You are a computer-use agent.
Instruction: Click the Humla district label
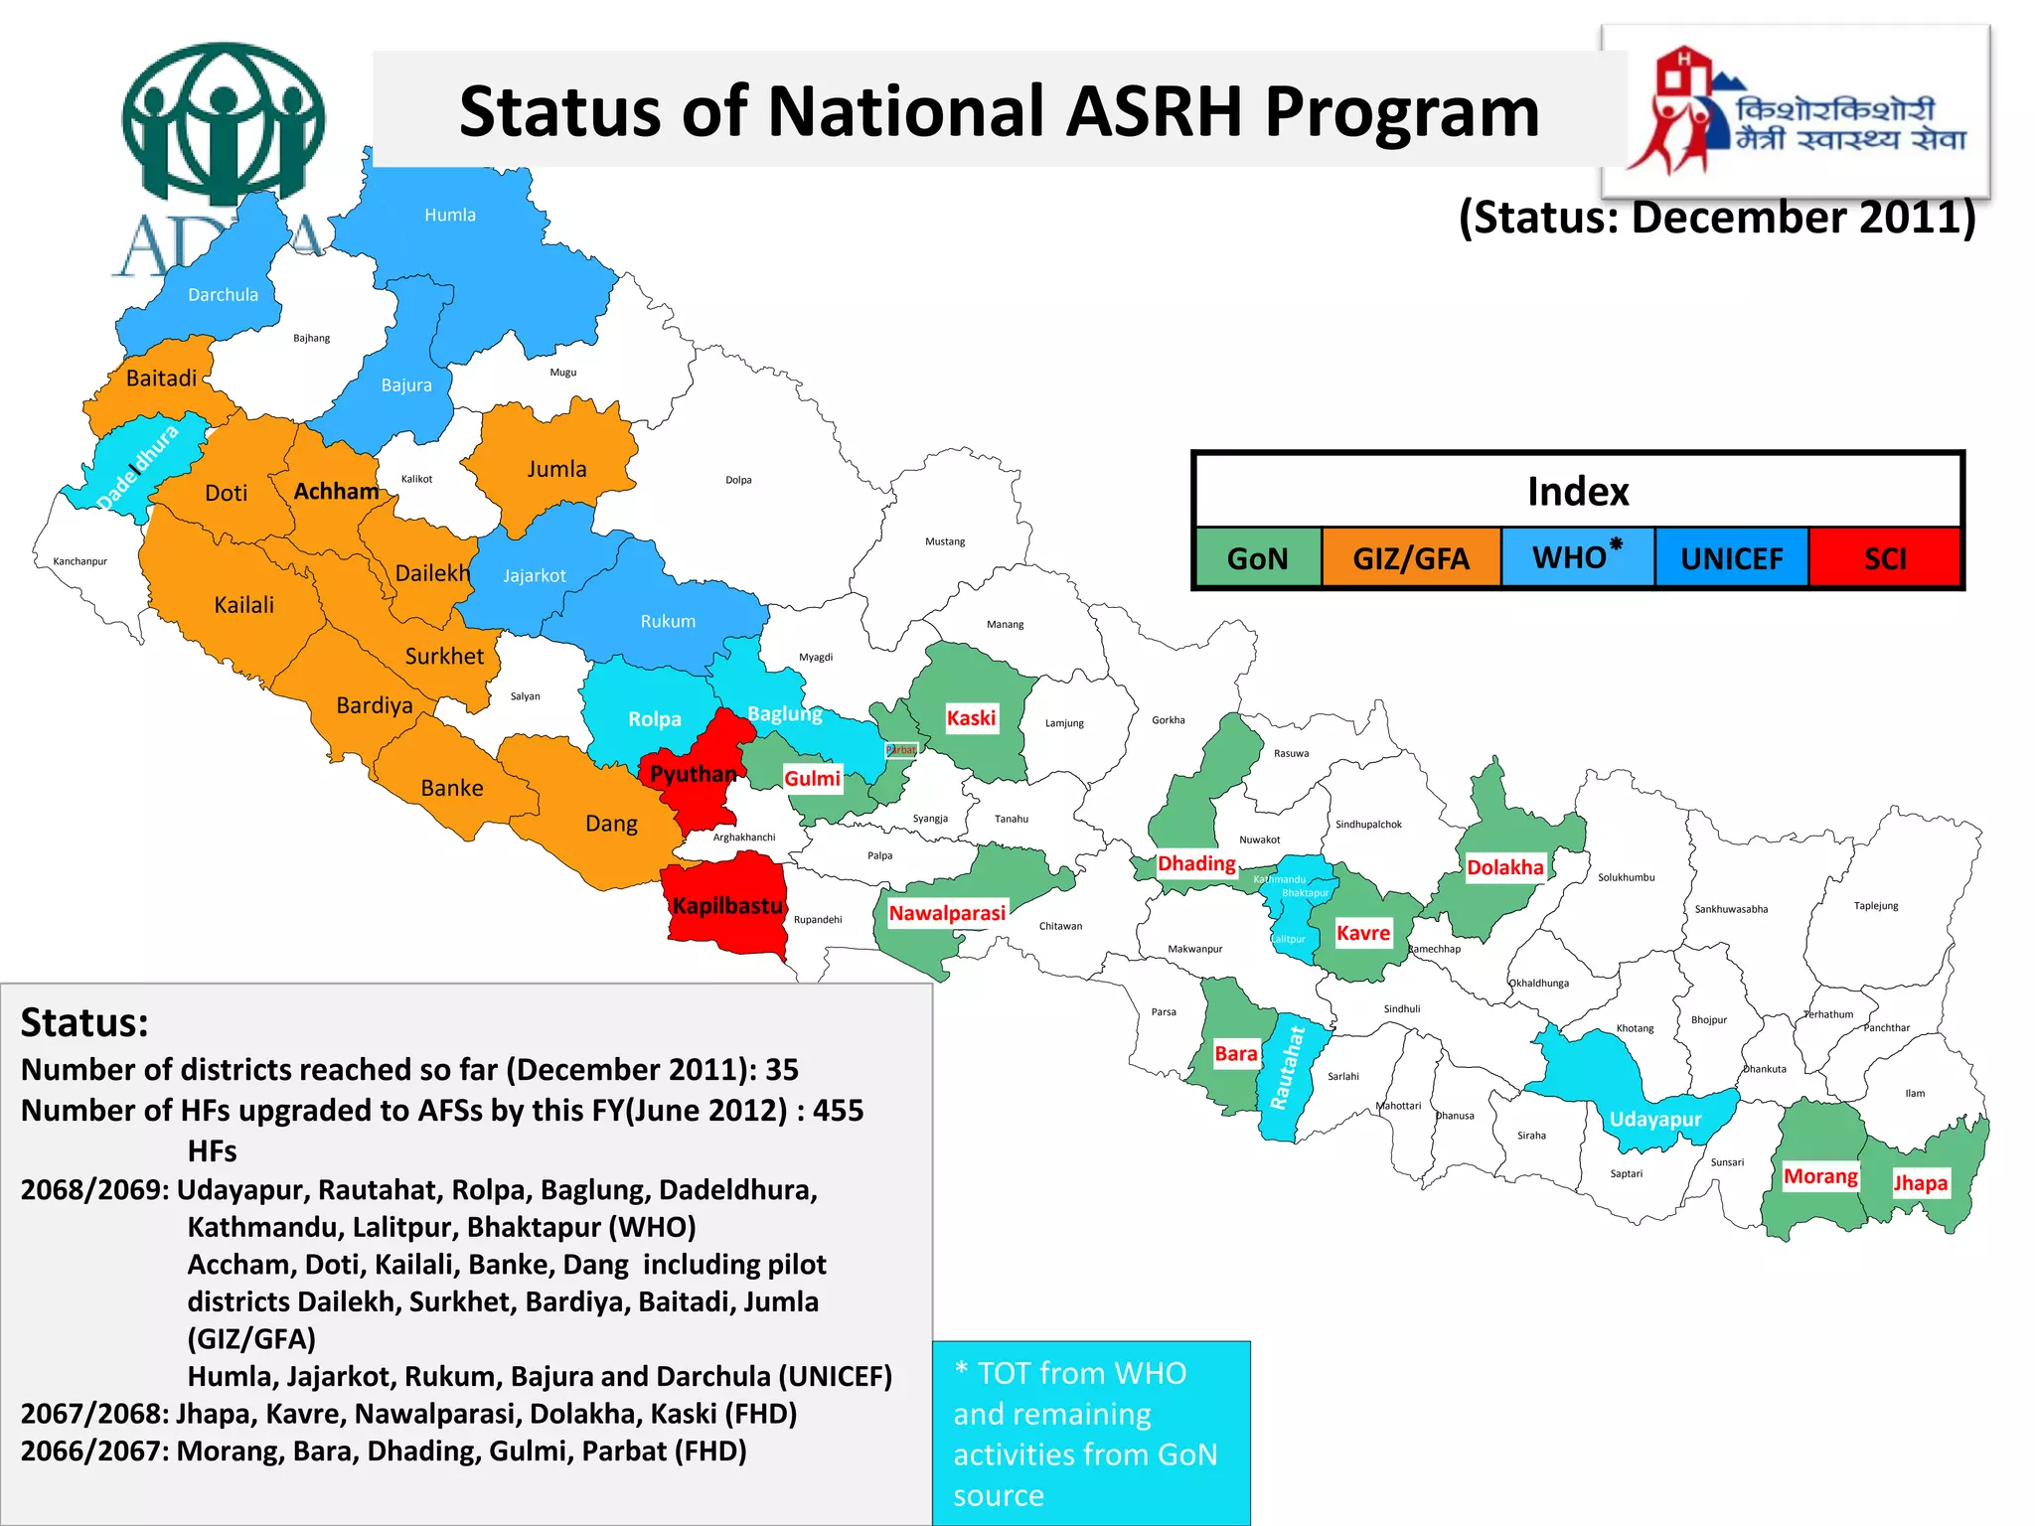pos(450,215)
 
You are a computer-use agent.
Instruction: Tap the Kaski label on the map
pos(971,718)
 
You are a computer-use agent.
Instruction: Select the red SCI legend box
pos(1884,558)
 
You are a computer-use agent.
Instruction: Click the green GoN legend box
pos(1258,558)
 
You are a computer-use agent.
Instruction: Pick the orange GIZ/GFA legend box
pos(1411,558)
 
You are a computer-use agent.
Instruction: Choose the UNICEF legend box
pos(1731,558)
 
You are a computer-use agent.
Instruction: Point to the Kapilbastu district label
pos(727,906)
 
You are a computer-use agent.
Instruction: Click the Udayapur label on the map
pos(1655,1120)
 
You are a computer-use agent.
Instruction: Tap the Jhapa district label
pos(1920,1182)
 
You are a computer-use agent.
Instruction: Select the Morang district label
pos(1820,1176)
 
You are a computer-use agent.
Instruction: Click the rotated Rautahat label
pos(1287,1068)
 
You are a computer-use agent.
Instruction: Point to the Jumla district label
pos(556,469)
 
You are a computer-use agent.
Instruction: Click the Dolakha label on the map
pos(1505,867)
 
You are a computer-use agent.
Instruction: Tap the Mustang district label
pos(945,541)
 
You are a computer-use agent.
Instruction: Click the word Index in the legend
pos(1578,492)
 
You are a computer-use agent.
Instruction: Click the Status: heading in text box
pos(84,1022)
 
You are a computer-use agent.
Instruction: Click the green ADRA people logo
pos(223,124)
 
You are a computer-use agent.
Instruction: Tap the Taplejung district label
pos(1876,905)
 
